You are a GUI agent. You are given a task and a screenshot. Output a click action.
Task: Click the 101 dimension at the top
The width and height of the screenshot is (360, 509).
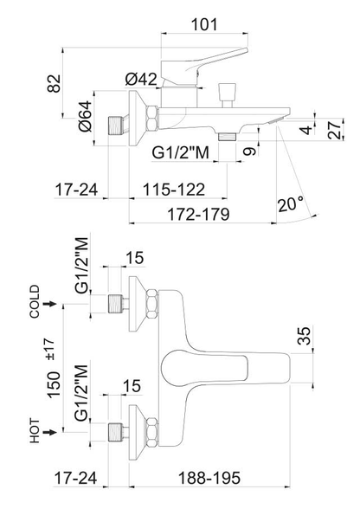click(204, 24)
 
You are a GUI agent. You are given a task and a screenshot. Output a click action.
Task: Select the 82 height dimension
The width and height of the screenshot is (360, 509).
click(54, 83)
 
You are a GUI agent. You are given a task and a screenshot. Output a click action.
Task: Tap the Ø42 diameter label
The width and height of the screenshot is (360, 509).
click(141, 80)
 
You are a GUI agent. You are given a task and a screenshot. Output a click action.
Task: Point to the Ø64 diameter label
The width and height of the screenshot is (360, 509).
click(86, 116)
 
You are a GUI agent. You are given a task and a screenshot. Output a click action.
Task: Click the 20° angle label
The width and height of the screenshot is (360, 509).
click(292, 204)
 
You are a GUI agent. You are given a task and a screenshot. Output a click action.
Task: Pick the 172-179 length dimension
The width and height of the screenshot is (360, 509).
click(198, 214)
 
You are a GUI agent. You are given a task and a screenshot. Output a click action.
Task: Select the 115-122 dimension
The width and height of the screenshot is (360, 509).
click(174, 189)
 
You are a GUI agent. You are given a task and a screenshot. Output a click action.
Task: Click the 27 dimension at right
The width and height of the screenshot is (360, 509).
click(335, 129)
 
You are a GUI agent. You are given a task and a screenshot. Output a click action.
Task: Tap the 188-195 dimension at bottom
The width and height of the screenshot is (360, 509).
click(209, 478)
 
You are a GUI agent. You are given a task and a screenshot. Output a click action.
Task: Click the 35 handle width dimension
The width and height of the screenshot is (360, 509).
click(305, 335)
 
